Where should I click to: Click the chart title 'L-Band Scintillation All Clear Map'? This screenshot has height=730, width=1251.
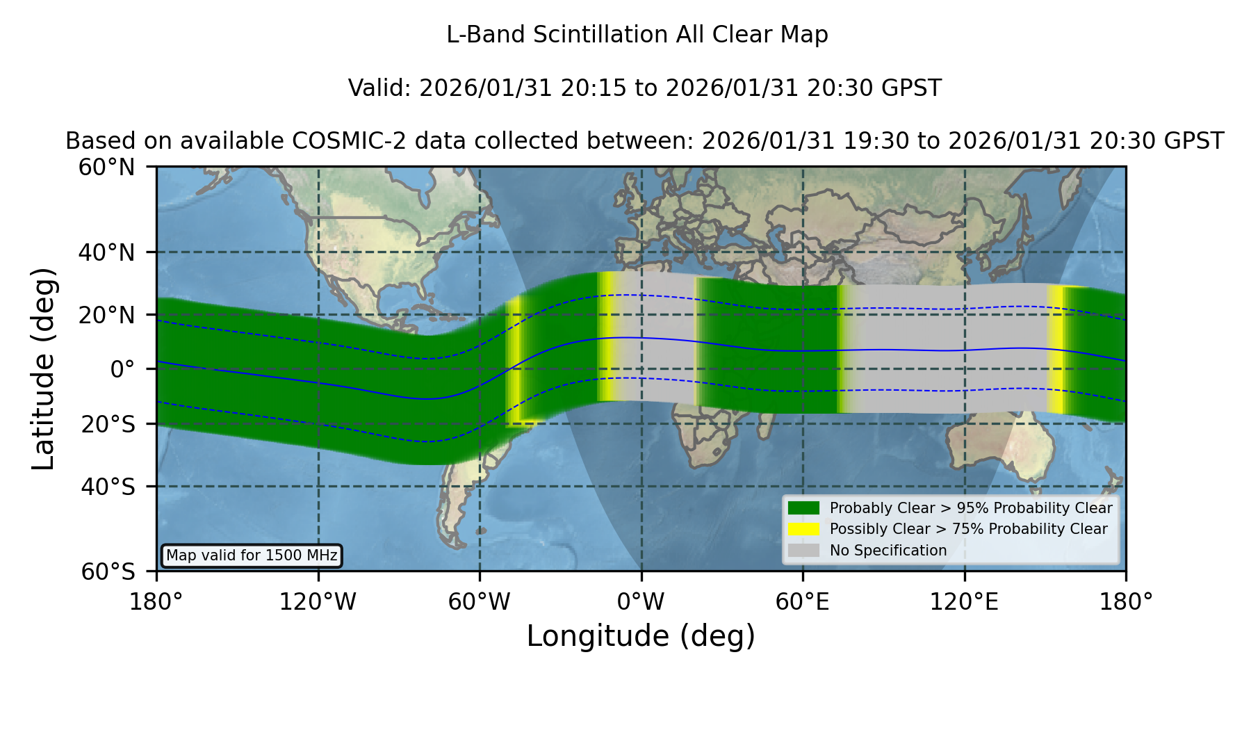click(x=637, y=35)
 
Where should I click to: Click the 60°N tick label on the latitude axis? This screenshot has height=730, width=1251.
click(x=106, y=168)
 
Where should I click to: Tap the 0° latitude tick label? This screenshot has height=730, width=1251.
click(x=122, y=369)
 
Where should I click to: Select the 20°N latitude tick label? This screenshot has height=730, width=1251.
click(x=106, y=316)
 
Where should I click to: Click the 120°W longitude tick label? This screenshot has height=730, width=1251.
click(x=318, y=602)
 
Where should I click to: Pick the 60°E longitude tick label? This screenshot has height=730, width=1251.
click(x=803, y=602)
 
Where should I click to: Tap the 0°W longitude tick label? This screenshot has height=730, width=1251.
click(x=641, y=602)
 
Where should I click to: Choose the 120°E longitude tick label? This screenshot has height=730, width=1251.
click(x=964, y=602)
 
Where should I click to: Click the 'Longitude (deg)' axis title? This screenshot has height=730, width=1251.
click(x=641, y=636)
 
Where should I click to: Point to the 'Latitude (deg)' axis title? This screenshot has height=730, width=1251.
click(x=43, y=368)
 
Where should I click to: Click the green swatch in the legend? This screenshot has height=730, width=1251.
click(x=804, y=508)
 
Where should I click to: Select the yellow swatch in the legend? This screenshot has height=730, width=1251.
click(x=804, y=529)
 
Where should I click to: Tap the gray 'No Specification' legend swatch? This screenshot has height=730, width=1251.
click(x=804, y=551)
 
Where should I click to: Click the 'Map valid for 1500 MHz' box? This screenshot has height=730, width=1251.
click(x=252, y=555)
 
